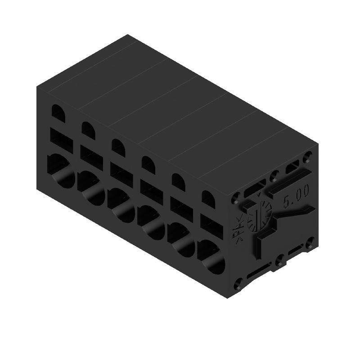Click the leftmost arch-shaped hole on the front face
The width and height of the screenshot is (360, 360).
tap(58, 112)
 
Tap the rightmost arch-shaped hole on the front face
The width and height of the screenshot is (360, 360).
tap(208, 199)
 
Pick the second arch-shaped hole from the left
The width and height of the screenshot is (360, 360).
tap(88, 129)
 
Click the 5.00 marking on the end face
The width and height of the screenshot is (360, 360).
tap(296, 197)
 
